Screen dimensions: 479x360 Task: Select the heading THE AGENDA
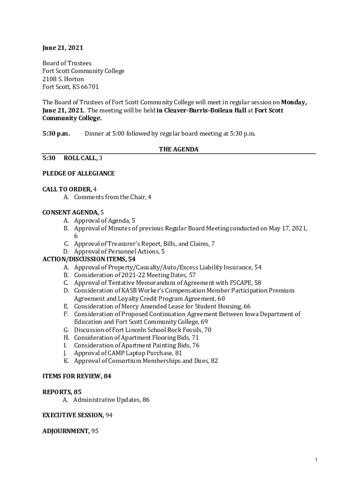(x=179, y=150)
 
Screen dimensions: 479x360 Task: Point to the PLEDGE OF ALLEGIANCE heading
(x=79, y=174)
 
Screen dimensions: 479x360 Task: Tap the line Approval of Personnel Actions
(x=117, y=252)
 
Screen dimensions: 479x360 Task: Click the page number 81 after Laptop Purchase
(x=179, y=353)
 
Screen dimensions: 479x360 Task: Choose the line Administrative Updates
(x=106, y=400)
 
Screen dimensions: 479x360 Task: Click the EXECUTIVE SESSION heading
(x=73, y=415)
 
